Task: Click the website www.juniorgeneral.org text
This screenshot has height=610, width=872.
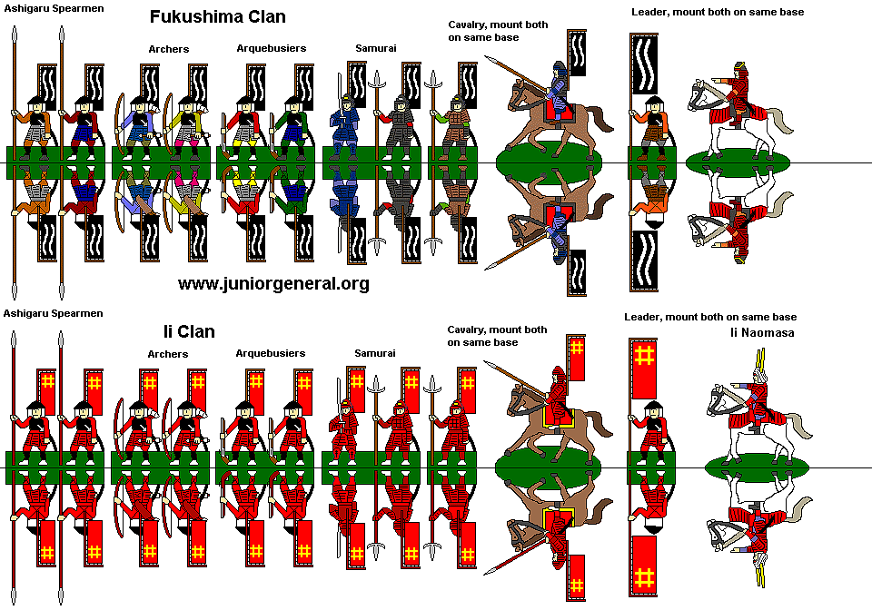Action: click(x=273, y=284)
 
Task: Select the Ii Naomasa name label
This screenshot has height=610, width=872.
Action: click(x=761, y=333)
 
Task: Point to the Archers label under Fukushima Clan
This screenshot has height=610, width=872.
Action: click(x=168, y=49)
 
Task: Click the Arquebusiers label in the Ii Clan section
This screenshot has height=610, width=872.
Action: click(x=271, y=352)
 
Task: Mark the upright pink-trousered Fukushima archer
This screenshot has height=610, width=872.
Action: click(x=187, y=123)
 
